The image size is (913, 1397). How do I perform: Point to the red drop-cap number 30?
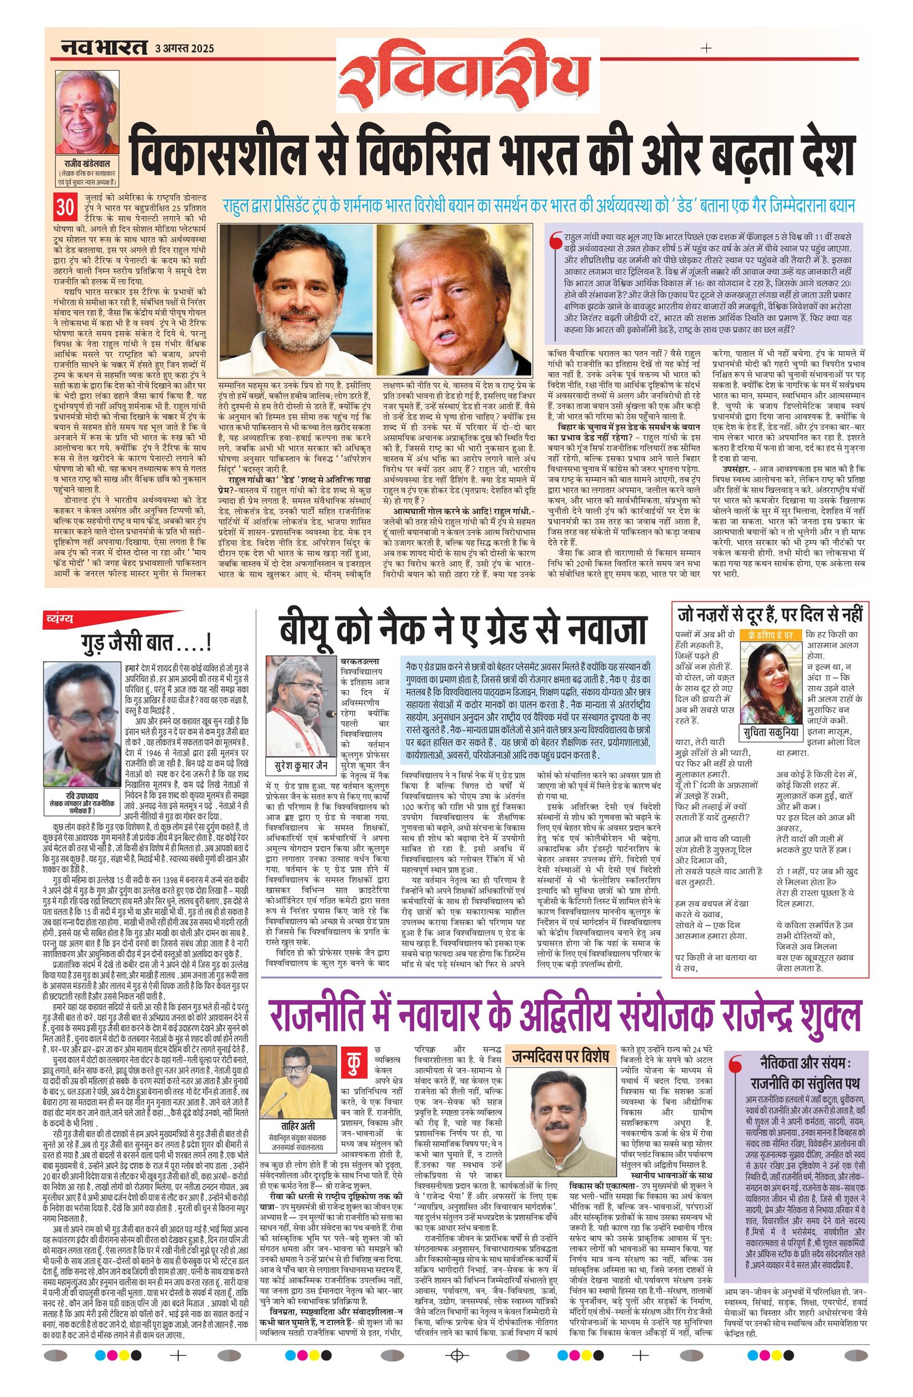(64, 207)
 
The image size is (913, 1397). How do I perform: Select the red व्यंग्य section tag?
(61, 617)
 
